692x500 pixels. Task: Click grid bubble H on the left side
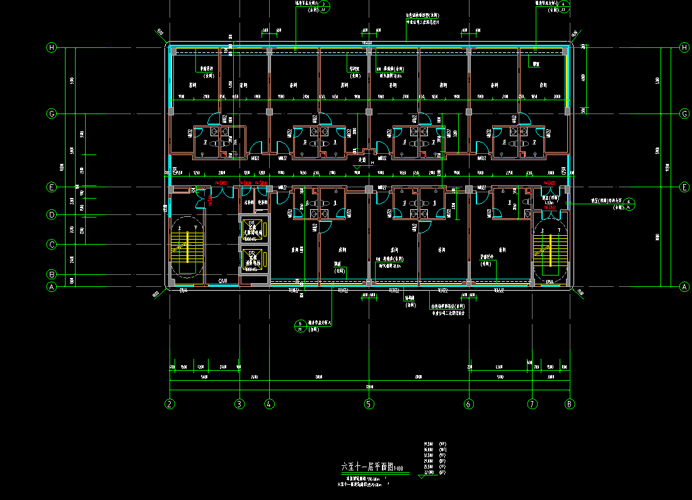(52, 47)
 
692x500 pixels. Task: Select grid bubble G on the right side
(684, 114)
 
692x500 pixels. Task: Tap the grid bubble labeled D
(52, 215)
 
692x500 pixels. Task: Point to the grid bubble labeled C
(52, 245)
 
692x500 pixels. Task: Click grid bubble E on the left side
(52, 187)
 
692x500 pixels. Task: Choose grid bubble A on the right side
(684, 286)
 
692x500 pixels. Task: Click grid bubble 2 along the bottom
(169, 404)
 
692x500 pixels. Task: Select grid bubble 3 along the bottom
(239, 404)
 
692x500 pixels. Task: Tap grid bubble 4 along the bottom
(269, 404)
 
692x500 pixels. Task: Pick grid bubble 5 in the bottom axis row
(369, 404)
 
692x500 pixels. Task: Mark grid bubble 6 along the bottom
(468, 404)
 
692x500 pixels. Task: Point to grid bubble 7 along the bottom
(533, 404)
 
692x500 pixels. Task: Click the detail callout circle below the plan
(301, 326)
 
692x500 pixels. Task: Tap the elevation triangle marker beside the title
(422, 475)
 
